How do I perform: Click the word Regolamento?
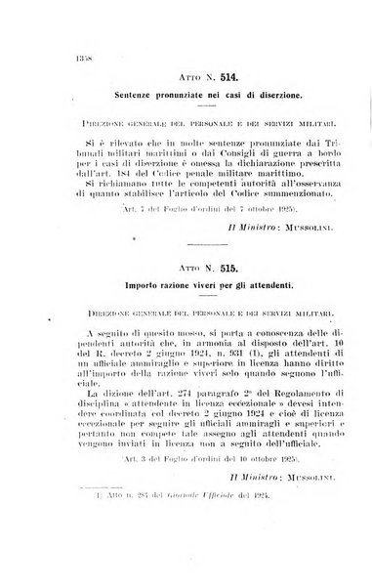click(x=285, y=415)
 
